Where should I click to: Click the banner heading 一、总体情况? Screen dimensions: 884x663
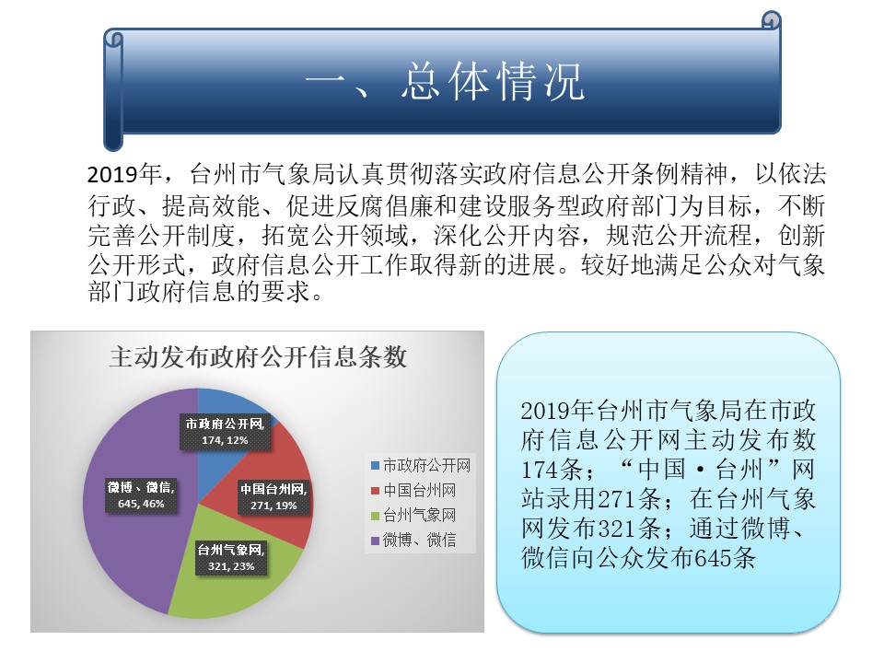click(444, 81)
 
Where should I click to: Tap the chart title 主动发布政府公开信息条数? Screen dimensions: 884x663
click(258, 357)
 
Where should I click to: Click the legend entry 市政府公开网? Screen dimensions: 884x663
click(421, 465)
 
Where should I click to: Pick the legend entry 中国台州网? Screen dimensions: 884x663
click(413, 490)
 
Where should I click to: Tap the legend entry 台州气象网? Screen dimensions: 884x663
click(413, 515)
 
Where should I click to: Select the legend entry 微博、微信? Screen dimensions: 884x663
click(413, 540)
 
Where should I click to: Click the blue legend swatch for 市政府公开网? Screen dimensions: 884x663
click(375, 466)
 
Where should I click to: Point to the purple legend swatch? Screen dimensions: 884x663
click(375, 541)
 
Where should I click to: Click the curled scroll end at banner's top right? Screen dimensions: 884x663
click(772, 21)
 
